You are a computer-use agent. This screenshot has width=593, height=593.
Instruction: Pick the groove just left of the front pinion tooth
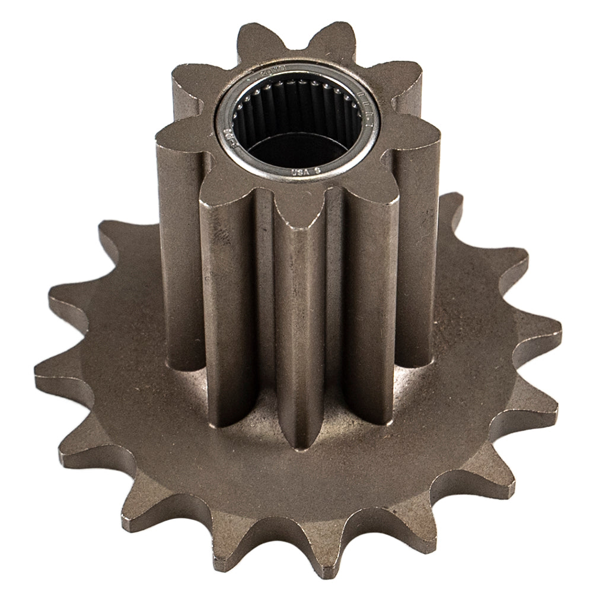click(x=264, y=320)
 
